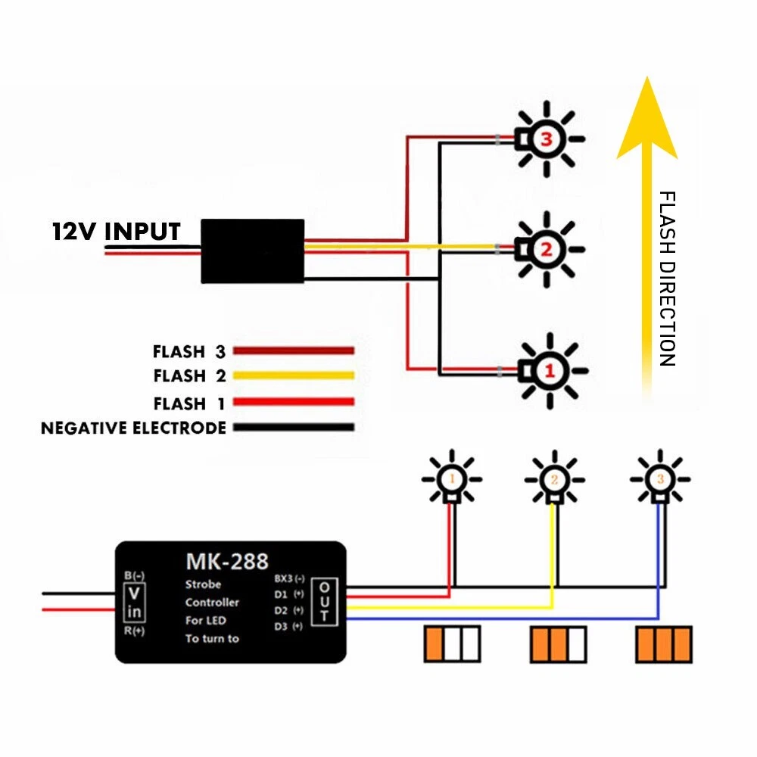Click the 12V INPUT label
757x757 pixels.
click(x=116, y=231)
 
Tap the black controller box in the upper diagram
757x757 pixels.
click(x=252, y=251)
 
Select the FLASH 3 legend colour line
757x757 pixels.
click(x=294, y=350)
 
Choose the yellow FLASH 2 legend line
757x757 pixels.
click(x=294, y=375)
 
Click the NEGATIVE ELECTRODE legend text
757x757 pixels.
click(x=133, y=428)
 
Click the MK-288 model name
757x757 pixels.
click(x=227, y=562)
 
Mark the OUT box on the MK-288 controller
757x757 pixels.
click(x=324, y=601)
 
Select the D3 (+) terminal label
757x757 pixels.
click(x=288, y=626)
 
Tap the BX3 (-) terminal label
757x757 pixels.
click(x=290, y=578)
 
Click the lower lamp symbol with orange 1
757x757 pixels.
click(x=451, y=480)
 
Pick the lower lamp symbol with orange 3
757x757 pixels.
click(x=660, y=480)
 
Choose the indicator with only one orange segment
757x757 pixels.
click(x=452, y=644)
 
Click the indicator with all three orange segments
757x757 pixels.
click(x=663, y=644)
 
